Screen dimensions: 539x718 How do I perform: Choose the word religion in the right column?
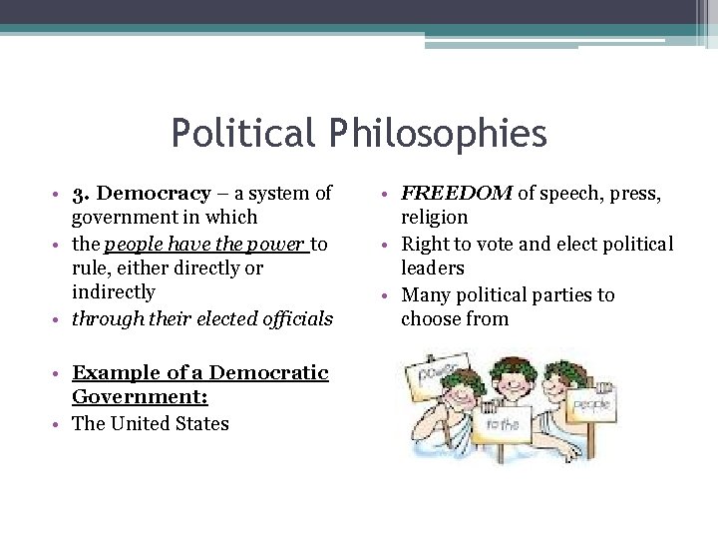tap(434, 218)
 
